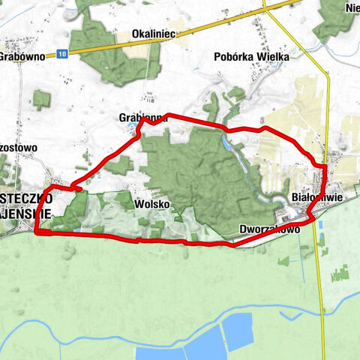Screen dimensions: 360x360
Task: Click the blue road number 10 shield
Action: click(61, 54)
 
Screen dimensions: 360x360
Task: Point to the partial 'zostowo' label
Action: click(19, 148)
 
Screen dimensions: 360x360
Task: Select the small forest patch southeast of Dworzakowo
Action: click(283, 260)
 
